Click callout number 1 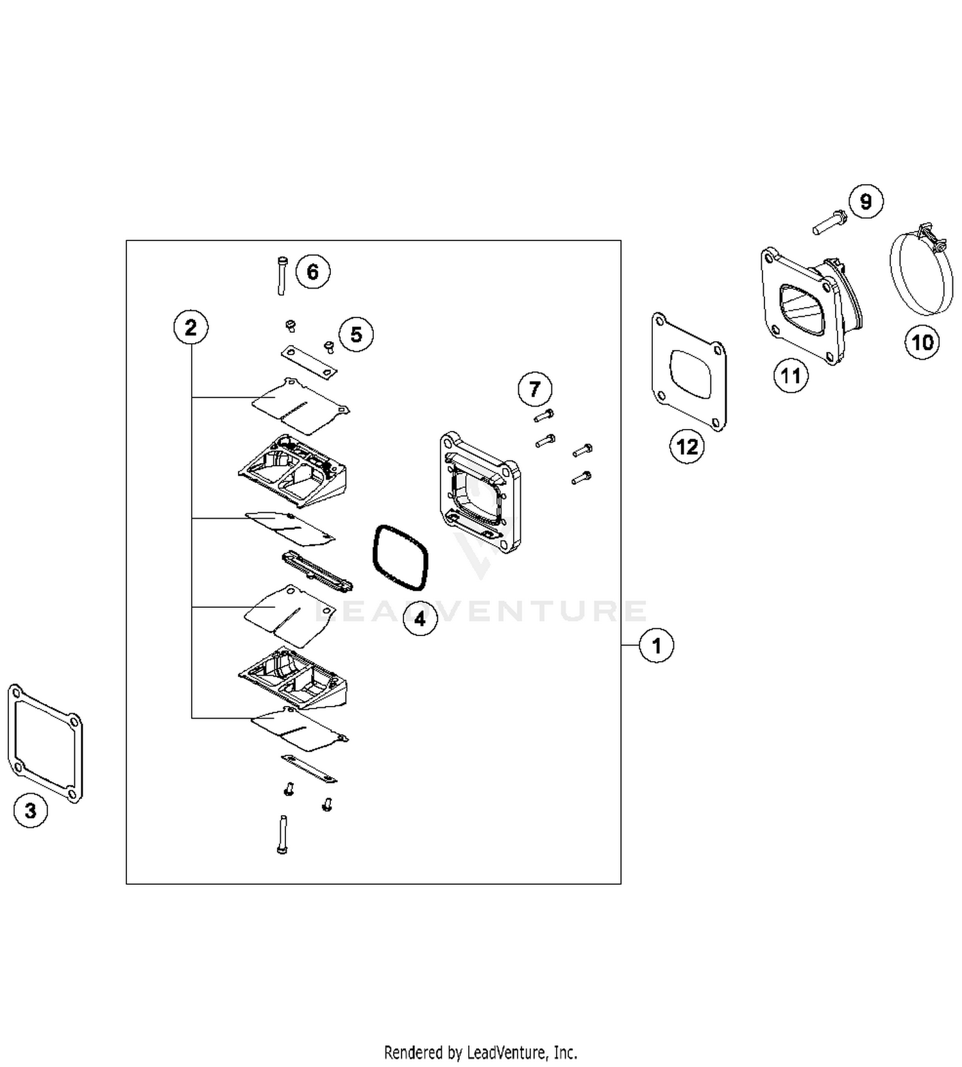[656, 645]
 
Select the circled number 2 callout [190, 328]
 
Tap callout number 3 [30, 811]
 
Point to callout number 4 [419, 619]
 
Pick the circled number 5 [356, 334]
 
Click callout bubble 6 [312, 271]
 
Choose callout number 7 [534, 389]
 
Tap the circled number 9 [866, 201]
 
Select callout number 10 [922, 342]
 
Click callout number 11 [790, 375]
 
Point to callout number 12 [687, 446]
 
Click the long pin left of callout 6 [282, 276]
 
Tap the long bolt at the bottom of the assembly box [282, 834]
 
